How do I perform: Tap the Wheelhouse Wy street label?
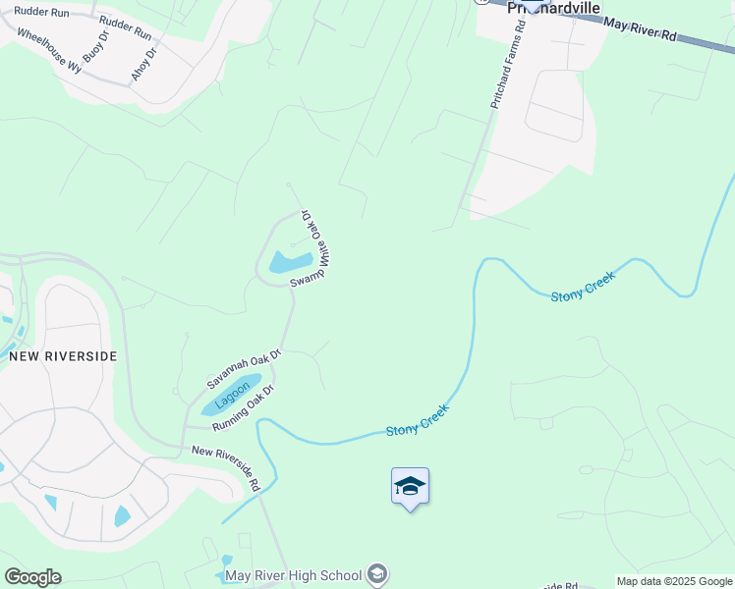(49, 50)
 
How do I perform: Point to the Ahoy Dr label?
(143, 64)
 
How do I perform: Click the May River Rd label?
(641, 28)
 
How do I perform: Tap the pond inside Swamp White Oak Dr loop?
(290, 262)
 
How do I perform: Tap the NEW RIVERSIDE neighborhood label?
(63, 356)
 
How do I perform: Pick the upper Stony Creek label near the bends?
(582, 288)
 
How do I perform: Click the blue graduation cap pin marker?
(410, 487)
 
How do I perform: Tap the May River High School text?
(294, 575)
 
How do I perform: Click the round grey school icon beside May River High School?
(378, 574)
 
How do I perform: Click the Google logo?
(32, 577)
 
